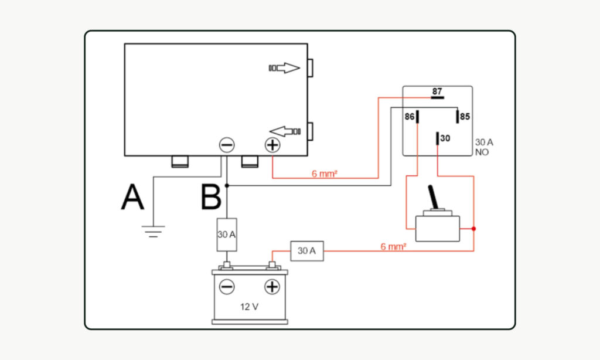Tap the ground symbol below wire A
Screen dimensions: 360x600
(152, 232)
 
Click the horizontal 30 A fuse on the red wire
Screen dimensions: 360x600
(306, 251)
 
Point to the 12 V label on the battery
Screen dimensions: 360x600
(250, 306)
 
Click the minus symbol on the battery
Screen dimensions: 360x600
(227, 287)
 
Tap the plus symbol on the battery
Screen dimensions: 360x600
(272, 287)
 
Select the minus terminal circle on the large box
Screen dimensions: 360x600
(227, 145)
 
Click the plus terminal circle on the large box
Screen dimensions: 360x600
(272, 145)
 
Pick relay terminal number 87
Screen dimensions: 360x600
(437, 92)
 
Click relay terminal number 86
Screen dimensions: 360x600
(410, 117)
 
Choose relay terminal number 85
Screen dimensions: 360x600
(465, 117)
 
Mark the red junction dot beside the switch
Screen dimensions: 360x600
(473, 229)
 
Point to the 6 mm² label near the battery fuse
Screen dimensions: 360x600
(393, 247)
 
